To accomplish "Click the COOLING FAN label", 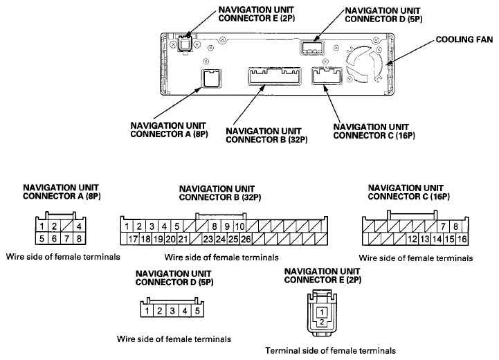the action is (x=464, y=39).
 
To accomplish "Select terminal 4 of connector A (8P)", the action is (x=79, y=226).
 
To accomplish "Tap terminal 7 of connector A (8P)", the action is (x=67, y=238).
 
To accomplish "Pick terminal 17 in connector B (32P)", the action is (x=133, y=239).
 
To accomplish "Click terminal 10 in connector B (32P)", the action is (x=239, y=226).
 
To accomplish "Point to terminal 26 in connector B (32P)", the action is (x=246, y=239).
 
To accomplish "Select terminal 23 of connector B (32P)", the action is (x=208, y=239).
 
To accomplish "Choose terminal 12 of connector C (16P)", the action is (x=412, y=239).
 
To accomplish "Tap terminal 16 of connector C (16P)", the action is (x=462, y=239).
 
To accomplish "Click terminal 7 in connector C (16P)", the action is (x=444, y=226).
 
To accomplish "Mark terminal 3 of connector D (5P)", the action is (x=172, y=311).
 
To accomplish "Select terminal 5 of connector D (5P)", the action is (x=197, y=311).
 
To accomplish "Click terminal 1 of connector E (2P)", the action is (x=322, y=312).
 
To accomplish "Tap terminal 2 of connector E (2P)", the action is (x=322, y=322).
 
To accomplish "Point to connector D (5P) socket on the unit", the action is (x=312, y=47).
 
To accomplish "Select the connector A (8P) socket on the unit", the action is (x=211, y=78).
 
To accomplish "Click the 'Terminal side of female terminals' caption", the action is (x=330, y=351).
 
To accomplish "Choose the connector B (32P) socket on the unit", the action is (x=275, y=76).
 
